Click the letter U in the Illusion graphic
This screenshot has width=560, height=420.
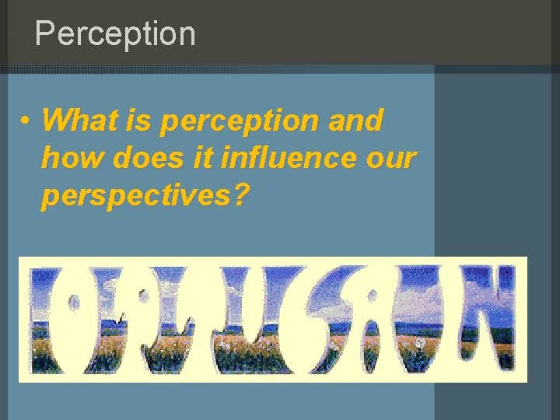click(246, 320)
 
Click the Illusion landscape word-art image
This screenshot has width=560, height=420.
click(272, 320)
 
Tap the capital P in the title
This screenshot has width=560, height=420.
click(47, 34)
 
